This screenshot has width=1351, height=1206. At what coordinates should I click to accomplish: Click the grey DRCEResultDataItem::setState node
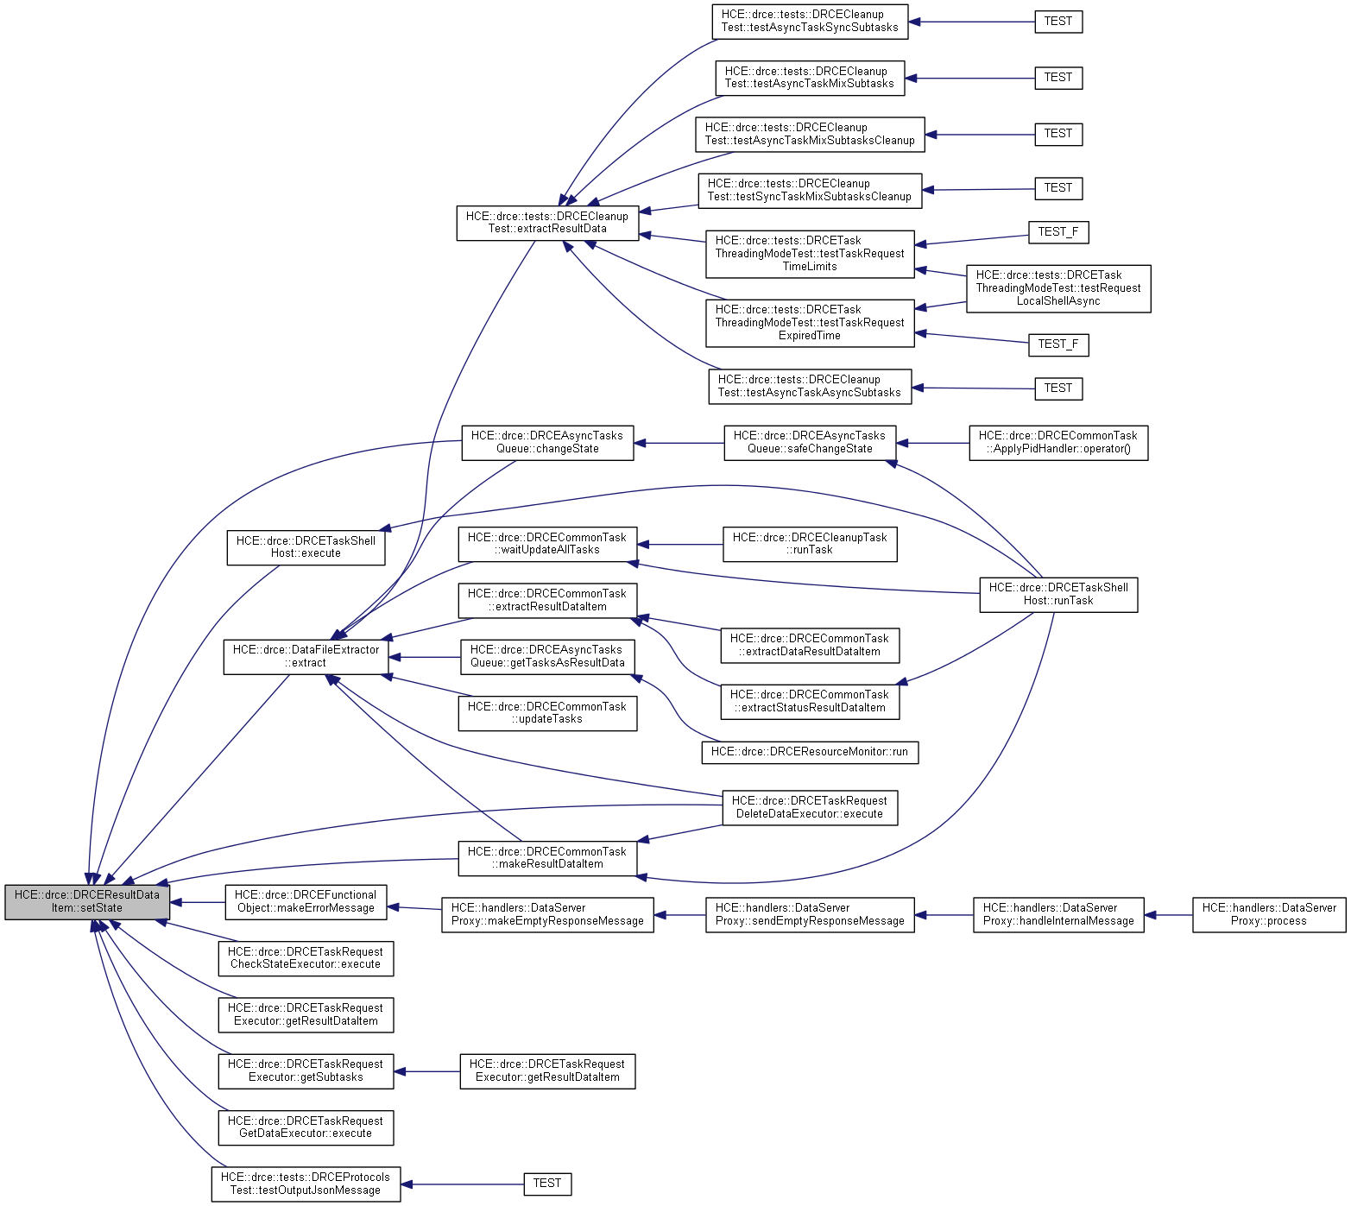click(87, 902)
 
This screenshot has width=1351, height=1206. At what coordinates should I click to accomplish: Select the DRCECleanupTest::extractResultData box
click(547, 223)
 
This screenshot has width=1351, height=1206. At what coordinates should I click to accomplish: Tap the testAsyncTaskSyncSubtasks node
click(810, 22)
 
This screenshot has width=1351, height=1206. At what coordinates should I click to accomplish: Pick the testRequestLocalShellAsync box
click(1058, 288)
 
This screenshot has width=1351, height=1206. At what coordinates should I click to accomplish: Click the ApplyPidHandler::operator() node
click(1058, 443)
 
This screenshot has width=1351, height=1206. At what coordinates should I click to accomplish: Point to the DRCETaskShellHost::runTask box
click(1058, 595)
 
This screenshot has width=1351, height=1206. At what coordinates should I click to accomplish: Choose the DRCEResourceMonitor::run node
click(810, 752)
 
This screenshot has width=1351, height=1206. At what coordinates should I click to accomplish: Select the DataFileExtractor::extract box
click(306, 657)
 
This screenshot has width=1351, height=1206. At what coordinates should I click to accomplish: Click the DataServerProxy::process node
click(1269, 915)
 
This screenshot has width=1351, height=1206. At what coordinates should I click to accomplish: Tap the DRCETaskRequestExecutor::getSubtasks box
click(306, 1071)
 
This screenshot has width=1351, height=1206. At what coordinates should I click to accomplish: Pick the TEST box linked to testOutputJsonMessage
click(547, 1184)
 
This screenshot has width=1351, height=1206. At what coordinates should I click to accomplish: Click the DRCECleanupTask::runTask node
click(810, 544)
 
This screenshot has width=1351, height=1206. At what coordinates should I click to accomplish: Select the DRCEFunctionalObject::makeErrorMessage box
click(306, 902)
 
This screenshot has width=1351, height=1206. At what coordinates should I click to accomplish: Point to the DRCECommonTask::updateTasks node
click(547, 713)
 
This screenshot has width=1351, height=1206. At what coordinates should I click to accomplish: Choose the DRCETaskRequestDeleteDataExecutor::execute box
click(810, 808)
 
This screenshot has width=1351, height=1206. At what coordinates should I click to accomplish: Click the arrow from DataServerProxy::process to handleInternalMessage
click(1169, 915)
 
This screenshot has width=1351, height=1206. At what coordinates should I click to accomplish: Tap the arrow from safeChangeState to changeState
click(679, 444)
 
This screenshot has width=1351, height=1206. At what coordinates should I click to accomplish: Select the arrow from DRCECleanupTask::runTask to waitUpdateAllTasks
click(680, 545)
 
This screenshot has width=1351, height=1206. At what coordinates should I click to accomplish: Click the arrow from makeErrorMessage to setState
click(197, 903)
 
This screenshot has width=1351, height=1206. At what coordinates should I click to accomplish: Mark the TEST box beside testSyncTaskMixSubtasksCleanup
click(1058, 188)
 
